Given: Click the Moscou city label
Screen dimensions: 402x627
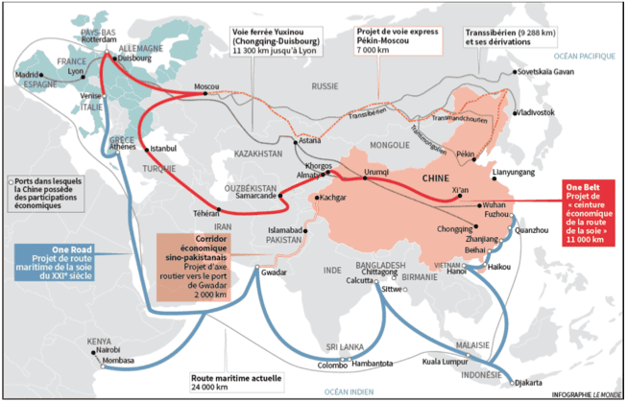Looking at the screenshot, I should [206, 87].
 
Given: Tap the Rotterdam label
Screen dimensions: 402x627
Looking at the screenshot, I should [100, 42].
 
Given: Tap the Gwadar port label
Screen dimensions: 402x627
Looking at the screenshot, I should [275, 272].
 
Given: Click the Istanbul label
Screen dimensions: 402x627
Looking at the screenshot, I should [164, 150].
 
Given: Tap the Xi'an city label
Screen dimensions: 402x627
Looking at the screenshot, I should [462, 191].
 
